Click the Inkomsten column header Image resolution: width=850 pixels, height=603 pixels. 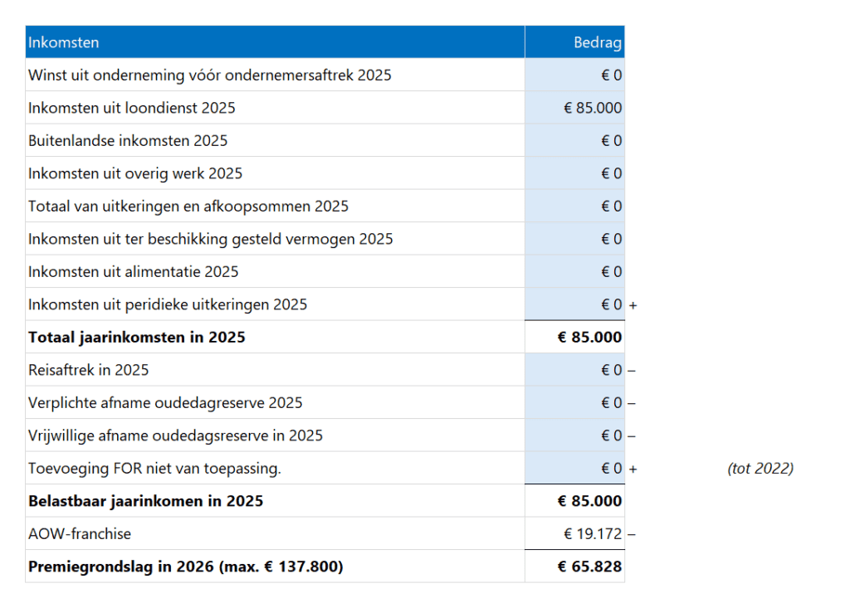click(64, 42)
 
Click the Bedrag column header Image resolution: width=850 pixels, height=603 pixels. click(598, 42)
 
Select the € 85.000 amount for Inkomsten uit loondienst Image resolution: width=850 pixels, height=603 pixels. click(593, 108)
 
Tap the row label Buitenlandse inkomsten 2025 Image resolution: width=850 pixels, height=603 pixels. click(128, 141)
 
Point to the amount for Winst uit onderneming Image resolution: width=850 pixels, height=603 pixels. click(612, 75)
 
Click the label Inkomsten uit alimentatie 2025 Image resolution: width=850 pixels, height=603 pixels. click(133, 272)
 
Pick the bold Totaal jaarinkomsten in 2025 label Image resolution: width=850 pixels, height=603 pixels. click(137, 338)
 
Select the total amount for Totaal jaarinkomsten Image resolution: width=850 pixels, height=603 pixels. click(589, 338)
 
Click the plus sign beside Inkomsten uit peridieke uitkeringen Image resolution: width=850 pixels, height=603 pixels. click(633, 305)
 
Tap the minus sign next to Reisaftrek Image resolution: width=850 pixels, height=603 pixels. click(632, 371)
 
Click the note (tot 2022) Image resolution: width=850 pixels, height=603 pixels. click(760, 469)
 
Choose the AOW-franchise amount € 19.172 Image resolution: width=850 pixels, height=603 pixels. click(593, 534)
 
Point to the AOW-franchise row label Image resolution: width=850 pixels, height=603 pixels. click(80, 534)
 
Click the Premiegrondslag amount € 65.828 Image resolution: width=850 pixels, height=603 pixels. click(590, 567)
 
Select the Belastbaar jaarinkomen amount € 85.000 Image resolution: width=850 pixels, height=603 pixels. click(589, 501)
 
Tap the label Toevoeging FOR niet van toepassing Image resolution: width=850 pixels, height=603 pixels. click(154, 469)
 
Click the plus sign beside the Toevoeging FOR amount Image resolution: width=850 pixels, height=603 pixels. click(633, 469)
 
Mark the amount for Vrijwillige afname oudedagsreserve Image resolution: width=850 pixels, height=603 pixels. click(612, 436)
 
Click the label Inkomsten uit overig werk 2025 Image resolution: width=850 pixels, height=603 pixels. click(135, 173)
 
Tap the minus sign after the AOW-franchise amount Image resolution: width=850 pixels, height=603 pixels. click(632, 534)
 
